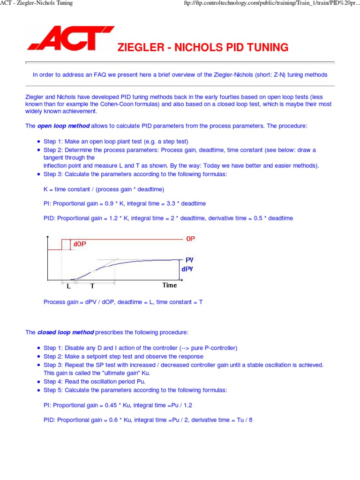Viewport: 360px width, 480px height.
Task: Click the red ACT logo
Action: tap(70, 39)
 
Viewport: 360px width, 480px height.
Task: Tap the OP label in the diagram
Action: tap(190, 239)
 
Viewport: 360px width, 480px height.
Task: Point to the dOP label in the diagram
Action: tap(79, 244)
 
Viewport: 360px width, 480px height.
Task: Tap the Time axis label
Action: tap(170, 285)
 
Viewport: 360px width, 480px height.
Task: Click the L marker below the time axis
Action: tap(68, 285)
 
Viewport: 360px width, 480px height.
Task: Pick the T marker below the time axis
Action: tap(92, 285)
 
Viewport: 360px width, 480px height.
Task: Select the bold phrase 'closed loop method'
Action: tap(65, 332)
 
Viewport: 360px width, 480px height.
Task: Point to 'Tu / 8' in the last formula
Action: tap(243, 420)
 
